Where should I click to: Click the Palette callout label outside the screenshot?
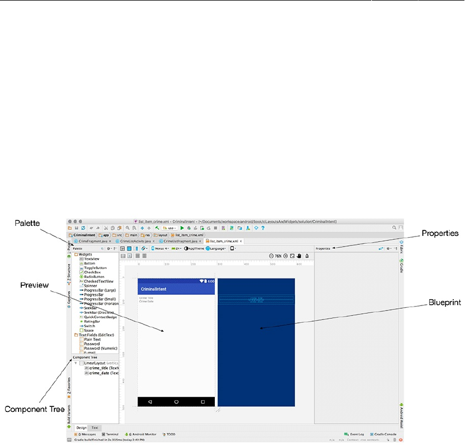pyautogui.click(x=27, y=224)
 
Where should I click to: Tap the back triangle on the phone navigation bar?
pyautogui.click(x=150, y=402)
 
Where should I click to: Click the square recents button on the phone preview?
pyautogui.click(x=203, y=402)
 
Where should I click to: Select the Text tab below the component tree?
pyautogui.click(x=95, y=427)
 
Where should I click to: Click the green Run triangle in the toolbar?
pyautogui.click(x=182, y=228)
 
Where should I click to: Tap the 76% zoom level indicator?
pyautogui.click(x=278, y=256)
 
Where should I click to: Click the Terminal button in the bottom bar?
pyautogui.click(x=112, y=434)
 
